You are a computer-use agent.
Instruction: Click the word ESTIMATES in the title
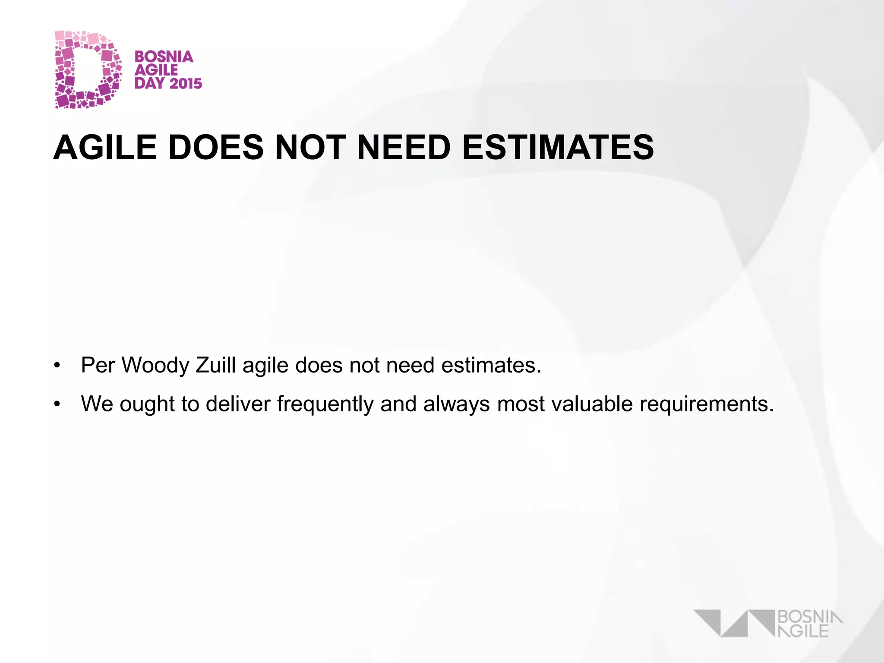point(558,148)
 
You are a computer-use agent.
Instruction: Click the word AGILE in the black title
point(105,148)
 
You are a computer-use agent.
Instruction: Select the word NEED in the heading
point(404,148)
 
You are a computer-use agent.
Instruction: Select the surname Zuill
point(216,365)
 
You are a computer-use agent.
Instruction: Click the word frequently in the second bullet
point(325,404)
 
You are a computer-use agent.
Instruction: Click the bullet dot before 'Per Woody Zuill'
point(57,366)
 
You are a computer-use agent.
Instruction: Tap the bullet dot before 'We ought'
point(57,405)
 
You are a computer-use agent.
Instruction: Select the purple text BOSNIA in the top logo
point(164,57)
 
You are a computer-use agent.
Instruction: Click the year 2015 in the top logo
point(186,83)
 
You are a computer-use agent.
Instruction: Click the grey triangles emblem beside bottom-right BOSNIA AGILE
point(734,623)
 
